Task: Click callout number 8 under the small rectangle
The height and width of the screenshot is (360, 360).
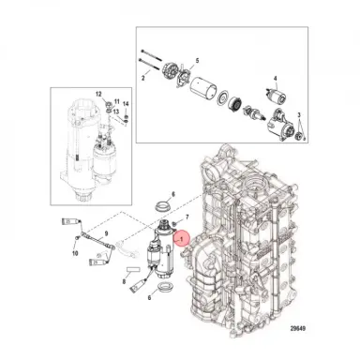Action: pos(122,279)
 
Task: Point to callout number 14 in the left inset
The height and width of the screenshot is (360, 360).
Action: pos(127,102)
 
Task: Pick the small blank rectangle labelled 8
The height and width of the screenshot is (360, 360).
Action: pos(127,270)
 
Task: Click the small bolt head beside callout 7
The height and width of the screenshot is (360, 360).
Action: pos(174,221)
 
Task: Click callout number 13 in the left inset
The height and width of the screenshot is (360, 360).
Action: pos(116,112)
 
